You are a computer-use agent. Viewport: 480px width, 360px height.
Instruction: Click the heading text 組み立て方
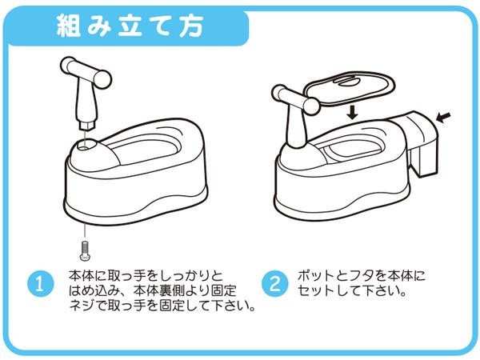point(130,26)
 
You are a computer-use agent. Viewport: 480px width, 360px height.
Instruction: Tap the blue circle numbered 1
point(41,284)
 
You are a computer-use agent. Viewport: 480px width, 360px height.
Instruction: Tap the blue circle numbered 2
point(275,283)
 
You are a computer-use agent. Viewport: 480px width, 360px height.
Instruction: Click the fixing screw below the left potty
point(84,251)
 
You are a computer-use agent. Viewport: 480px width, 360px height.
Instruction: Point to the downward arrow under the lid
point(353,112)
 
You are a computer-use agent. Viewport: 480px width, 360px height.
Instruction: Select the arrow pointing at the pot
point(443,118)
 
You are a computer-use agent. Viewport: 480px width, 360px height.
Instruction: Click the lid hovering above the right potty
point(349,89)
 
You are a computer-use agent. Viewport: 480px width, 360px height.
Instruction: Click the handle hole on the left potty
point(86,144)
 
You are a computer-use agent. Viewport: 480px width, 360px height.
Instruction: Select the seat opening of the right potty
point(352,151)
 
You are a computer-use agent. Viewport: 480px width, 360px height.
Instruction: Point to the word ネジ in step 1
point(81,306)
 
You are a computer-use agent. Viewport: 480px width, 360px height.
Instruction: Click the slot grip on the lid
point(346,82)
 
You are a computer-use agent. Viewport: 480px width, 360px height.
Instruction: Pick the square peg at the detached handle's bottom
point(87,125)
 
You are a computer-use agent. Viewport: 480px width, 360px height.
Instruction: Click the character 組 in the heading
point(69,26)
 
